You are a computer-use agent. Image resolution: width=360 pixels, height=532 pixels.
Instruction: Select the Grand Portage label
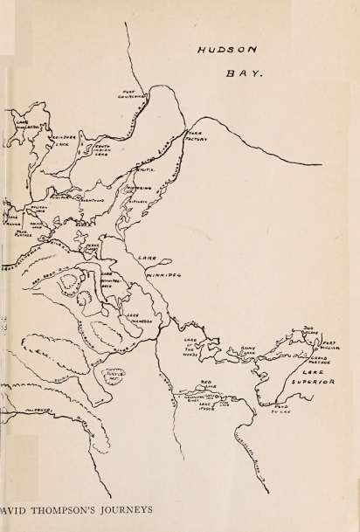point(318,360)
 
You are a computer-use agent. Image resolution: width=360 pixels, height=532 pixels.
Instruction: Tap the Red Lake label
point(206,384)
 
